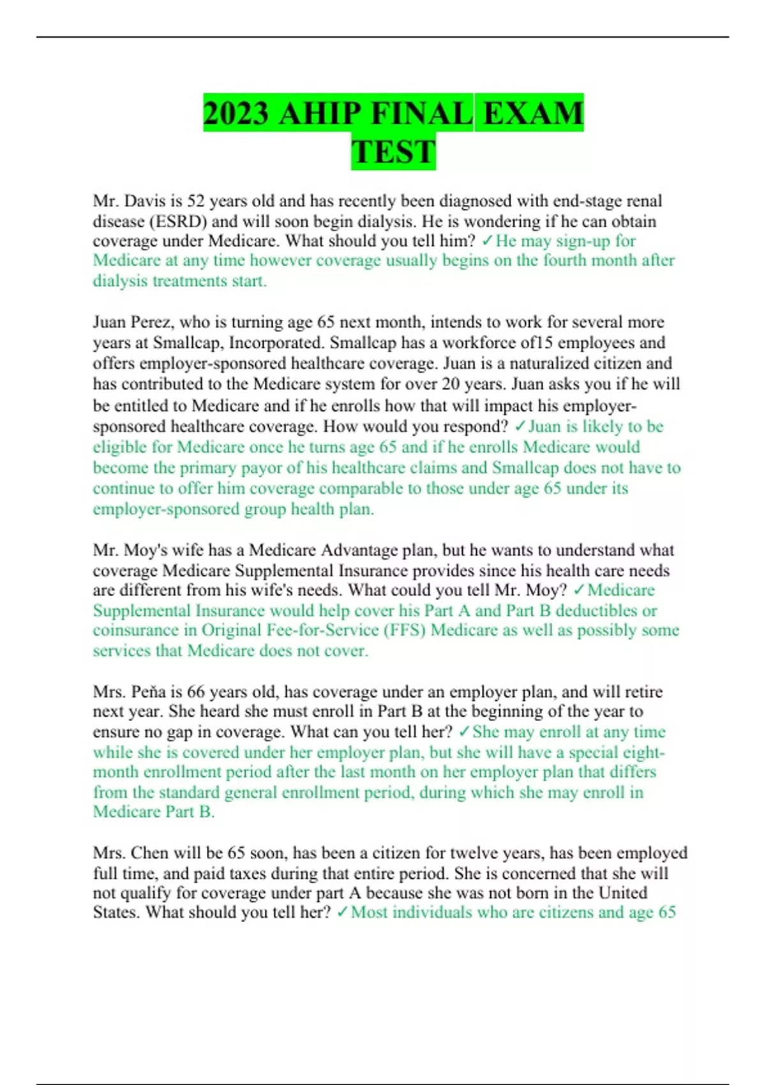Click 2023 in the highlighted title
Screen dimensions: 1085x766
[x=236, y=114]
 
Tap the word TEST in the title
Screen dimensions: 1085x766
[x=393, y=153]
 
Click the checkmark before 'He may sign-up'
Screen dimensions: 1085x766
[x=487, y=241]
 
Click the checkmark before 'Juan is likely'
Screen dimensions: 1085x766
[x=520, y=426]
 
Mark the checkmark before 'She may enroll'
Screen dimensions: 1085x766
[x=464, y=731]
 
